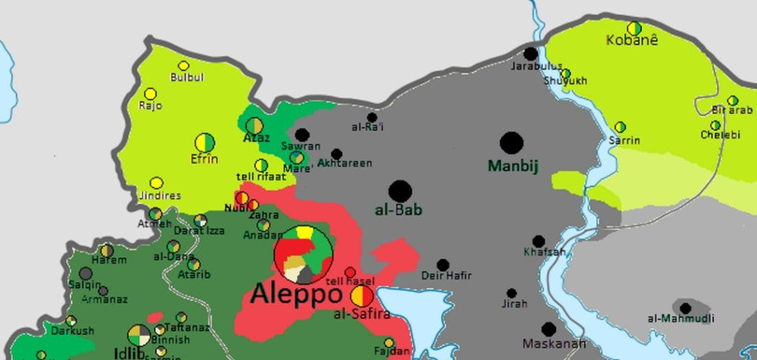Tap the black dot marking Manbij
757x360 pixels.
511,143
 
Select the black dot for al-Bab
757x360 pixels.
400,191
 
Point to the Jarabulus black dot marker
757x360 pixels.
532,54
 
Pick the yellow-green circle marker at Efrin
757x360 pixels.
204,143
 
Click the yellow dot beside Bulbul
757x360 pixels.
184,65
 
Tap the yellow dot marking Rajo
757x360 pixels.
150,94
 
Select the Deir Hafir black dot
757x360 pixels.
443,265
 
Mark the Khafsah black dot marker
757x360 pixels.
538,241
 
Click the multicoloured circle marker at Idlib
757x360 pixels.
138,334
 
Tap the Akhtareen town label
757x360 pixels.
345,164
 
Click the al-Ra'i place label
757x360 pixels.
368,127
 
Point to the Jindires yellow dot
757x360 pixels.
156,183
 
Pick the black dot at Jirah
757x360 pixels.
511,293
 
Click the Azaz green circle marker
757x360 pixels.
254,124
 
